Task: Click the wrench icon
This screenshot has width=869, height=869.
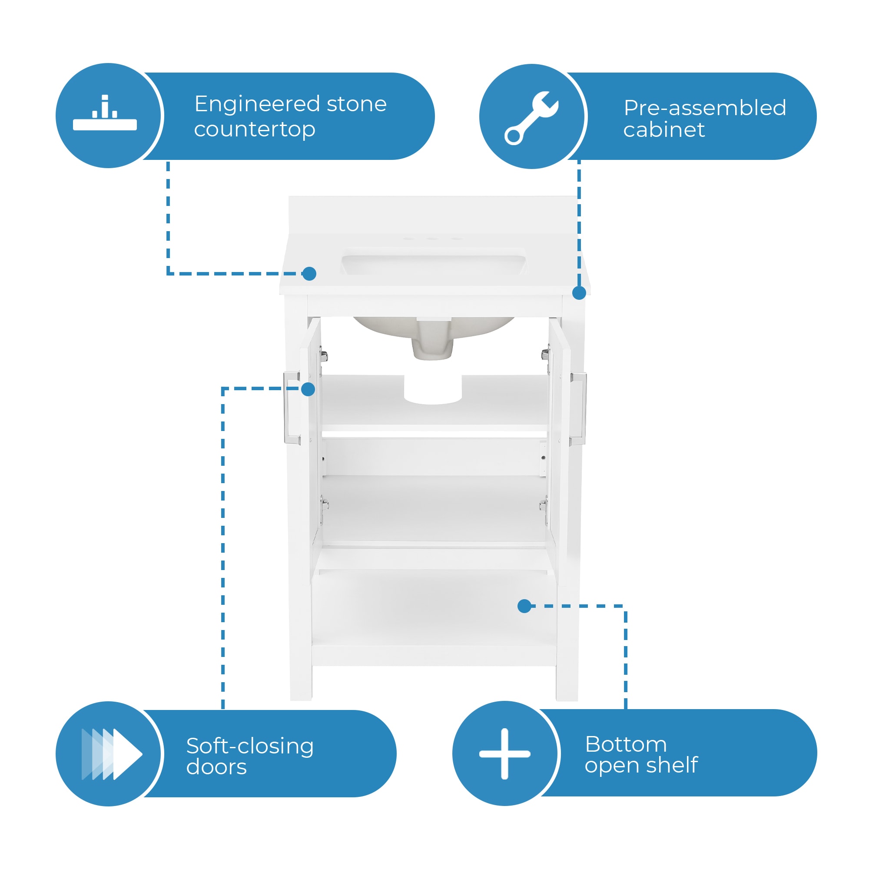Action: [x=532, y=118]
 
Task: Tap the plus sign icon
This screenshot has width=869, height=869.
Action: [x=504, y=754]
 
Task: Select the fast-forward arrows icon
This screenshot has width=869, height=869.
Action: [x=112, y=754]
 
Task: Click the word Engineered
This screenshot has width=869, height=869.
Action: [x=257, y=104]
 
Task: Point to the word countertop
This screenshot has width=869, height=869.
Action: [x=255, y=129]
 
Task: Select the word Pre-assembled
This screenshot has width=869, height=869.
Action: [x=705, y=108]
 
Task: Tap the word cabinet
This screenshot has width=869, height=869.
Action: [x=664, y=130]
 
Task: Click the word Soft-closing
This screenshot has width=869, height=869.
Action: [x=250, y=746]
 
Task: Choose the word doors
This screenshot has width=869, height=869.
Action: [x=216, y=767]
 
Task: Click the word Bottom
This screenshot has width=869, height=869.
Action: [x=626, y=744]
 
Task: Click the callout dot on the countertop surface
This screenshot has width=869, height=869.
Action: [x=309, y=273]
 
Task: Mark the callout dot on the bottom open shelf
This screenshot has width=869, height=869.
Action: [x=524, y=606]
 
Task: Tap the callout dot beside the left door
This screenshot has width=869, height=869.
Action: [x=308, y=389]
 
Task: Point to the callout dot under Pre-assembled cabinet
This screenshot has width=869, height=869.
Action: [x=579, y=293]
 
